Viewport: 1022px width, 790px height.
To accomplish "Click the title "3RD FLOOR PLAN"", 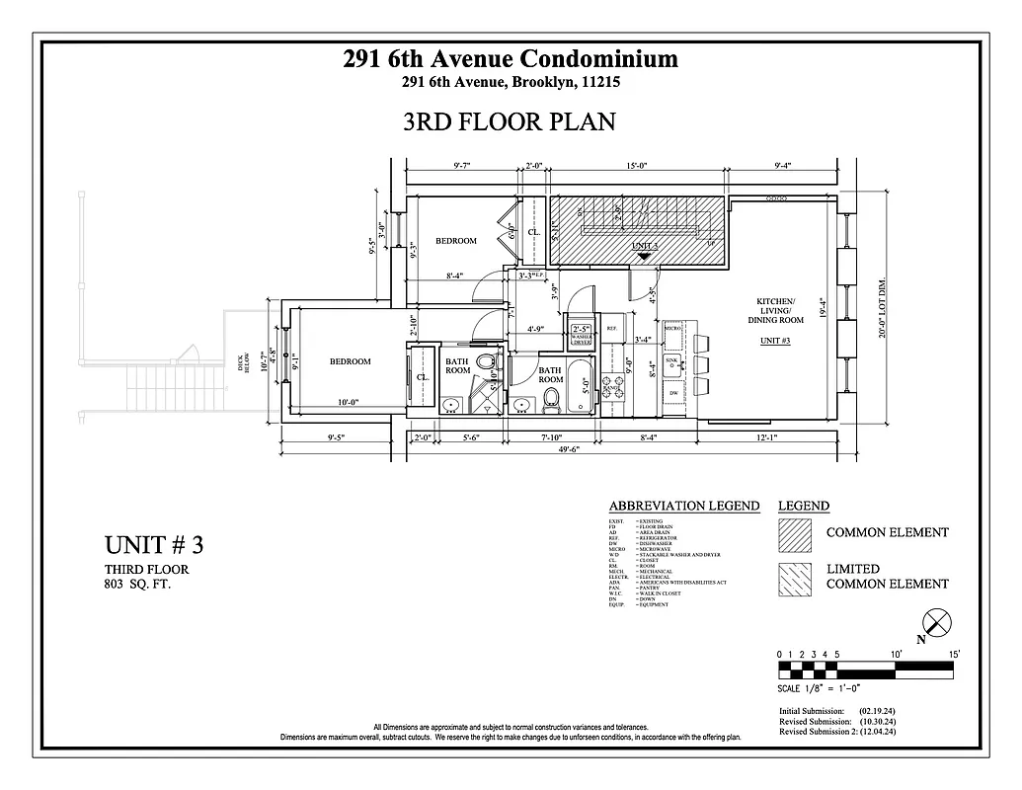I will point(510,121).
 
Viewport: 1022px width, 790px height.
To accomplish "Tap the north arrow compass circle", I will point(935,623).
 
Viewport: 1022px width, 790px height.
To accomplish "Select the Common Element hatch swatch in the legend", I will point(797,533).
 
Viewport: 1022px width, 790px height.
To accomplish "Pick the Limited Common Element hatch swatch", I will point(797,576).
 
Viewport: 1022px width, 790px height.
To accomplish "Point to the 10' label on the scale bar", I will point(898,654).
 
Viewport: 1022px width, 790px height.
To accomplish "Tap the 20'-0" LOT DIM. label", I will point(882,305).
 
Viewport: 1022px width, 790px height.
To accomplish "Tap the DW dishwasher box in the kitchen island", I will point(673,392).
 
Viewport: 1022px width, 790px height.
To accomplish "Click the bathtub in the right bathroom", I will point(583,388).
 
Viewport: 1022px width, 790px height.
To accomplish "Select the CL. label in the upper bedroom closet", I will point(532,232).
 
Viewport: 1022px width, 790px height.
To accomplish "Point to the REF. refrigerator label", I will point(611,329).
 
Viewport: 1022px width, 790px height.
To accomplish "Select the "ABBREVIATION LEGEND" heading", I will point(683,506).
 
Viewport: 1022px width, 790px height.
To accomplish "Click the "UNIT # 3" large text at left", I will point(153,545).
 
